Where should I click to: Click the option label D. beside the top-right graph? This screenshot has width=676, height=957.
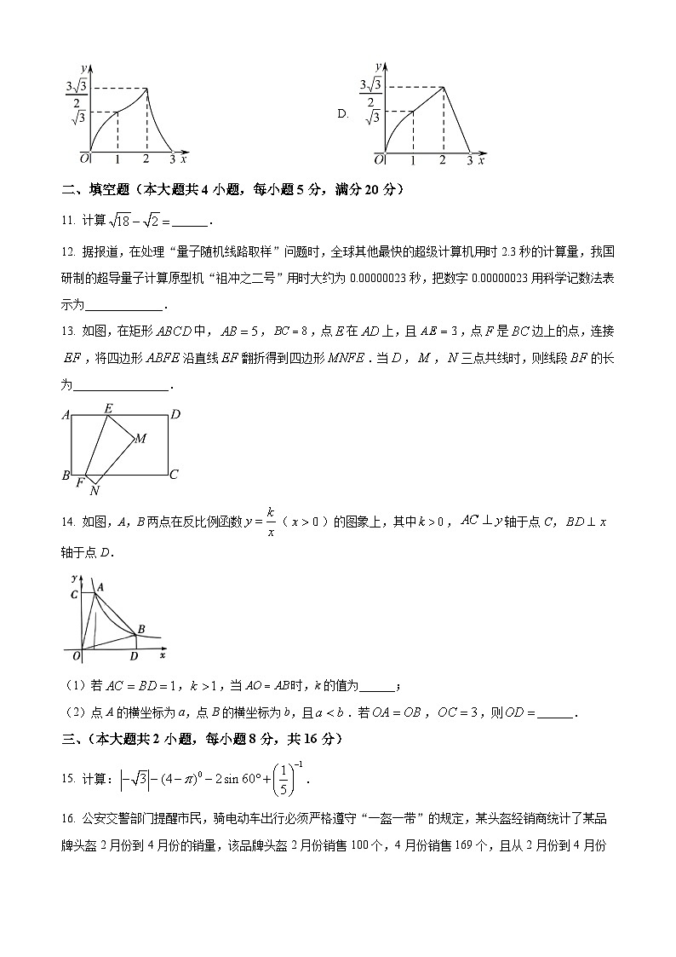(x=343, y=113)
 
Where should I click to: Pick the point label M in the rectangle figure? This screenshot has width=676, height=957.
(x=140, y=439)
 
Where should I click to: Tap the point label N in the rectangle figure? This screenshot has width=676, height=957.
(x=95, y=491)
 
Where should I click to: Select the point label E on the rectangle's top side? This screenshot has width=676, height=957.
(x=108, y=408)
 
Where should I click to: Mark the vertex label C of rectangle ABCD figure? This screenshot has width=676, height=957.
(x=173, y=475)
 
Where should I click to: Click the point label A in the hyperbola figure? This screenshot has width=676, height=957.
(x=100, y=587)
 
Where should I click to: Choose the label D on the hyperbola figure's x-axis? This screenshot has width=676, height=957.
(x=133, y=656)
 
